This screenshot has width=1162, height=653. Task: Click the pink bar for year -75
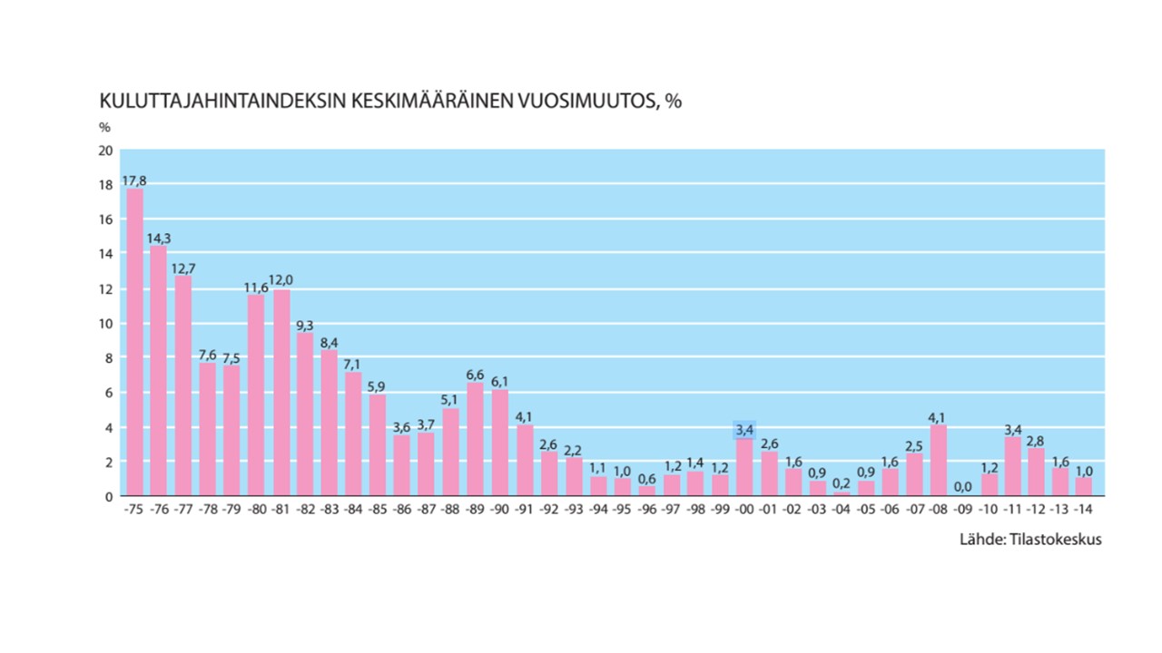(x=135, y=342)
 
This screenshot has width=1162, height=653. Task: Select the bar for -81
(x=281, y=393)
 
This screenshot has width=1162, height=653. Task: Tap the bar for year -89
(x=475, y=440)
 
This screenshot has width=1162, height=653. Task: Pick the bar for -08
(x=939, y=461)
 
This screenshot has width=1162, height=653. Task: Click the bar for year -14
(x=1084, y=487)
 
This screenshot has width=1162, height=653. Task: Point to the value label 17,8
(x=134, y=180)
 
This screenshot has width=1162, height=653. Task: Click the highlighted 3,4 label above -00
(x=744, y=430)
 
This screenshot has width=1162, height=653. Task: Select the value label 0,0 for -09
(x=963, y=487)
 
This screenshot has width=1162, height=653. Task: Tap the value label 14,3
(x=159, y=239)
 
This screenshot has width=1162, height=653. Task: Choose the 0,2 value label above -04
(x=842, y=483)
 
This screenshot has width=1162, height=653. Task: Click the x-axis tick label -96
(x=646, y=510)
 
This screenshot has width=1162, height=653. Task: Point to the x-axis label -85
(x=378, y=510)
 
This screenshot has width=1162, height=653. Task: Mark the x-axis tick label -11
(x=1012, y=510)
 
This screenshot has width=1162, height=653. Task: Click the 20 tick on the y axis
(x=105, y=151)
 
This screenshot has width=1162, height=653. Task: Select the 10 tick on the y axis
(x=105, y=324)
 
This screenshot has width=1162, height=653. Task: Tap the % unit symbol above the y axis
(x=104, y=128)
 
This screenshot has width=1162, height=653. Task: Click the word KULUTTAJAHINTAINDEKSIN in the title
(x=222, y=101)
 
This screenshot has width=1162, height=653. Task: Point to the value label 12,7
(x=183, y=268)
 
